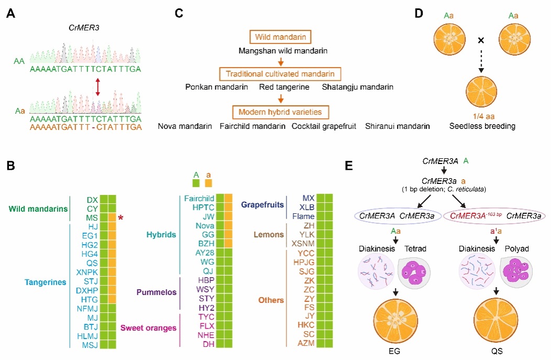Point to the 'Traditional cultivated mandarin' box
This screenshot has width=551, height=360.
[x=281, y=73]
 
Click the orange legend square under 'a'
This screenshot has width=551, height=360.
[x=208, y=183]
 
